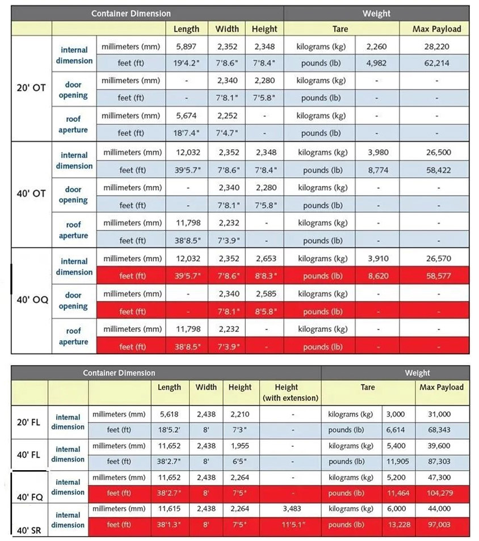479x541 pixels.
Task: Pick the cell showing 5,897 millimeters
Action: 186,46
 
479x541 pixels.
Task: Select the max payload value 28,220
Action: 436,46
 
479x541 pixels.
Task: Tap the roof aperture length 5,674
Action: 186,116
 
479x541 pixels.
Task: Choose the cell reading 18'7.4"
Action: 186,133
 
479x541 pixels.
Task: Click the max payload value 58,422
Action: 436,170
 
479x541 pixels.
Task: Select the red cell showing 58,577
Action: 436,276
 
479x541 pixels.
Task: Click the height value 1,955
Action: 239,446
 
